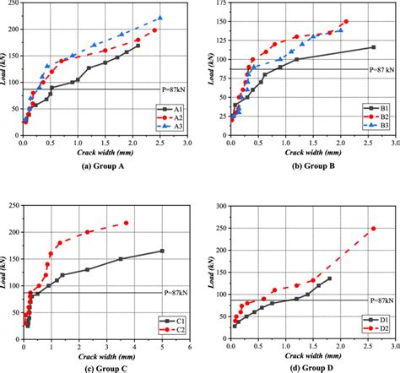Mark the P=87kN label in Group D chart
coord(381,300)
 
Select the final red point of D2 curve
coord(373,228)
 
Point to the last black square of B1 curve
coord(373,47)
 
